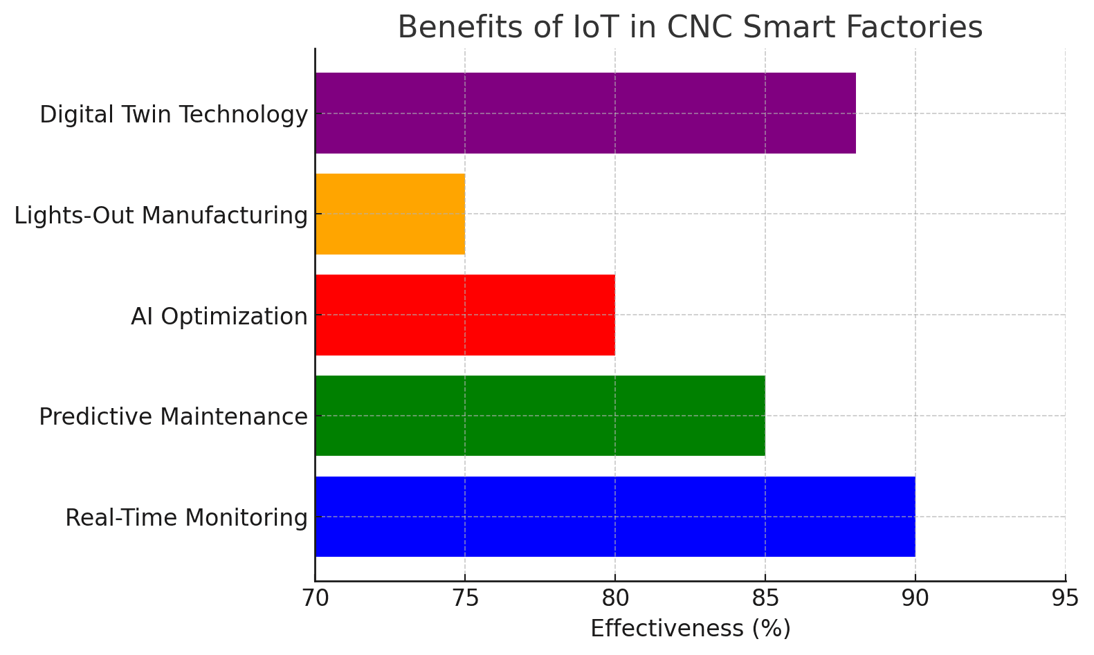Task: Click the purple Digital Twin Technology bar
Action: [x=585, y=113]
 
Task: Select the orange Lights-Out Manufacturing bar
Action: [x=390, y=214]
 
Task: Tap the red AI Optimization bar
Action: [x=465, y=315]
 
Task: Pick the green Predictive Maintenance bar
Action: [x=540, y=416]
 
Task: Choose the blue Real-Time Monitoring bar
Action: [x=614, y=517]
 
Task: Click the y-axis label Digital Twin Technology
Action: [x=173, y=115]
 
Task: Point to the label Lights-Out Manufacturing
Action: [x=161, y=216]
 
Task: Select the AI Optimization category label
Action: [x=219, y=317]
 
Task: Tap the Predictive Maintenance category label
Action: [x=173, y=417]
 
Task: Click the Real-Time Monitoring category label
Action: [x=186, y=518]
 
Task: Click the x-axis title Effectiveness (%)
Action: [x=690, y=629]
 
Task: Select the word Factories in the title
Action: [x=924, y=28]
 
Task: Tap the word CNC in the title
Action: [x=695, y=28]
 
